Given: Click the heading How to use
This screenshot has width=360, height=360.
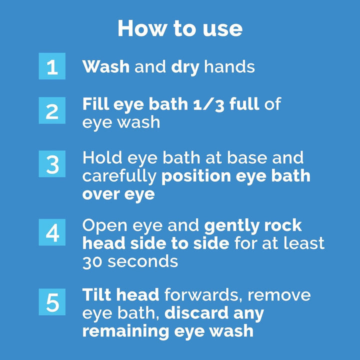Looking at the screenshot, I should tap(180, 28).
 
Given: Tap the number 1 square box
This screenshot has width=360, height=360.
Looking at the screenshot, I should tap(52, 66).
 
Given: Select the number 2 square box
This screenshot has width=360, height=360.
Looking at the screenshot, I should tap(52, 111).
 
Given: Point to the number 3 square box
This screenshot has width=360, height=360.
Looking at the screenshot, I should tap(52, 164).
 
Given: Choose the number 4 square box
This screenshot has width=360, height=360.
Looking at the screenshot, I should tap(52, 232).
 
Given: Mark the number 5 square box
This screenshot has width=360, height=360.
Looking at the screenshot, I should tap(52, 303).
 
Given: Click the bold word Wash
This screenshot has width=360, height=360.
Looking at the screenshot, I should tap(106, 66).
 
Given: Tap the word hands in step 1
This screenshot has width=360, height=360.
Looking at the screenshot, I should tap(229, 66).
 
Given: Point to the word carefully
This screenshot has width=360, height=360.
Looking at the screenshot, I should tap(119, 176).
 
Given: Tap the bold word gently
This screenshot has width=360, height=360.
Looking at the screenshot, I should tap(233, 225).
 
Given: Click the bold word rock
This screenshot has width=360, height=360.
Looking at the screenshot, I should tap(284, 225).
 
